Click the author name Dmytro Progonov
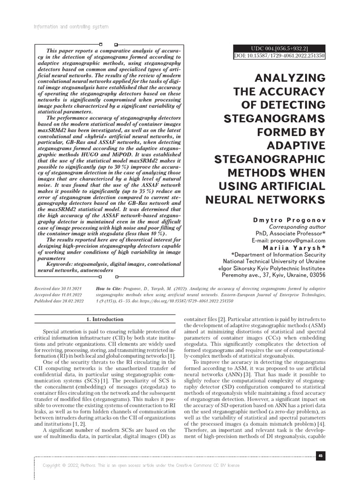coord(288,219)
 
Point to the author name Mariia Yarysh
coord(294,247)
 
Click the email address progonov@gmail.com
coord(299,240)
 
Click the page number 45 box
coord(320,455)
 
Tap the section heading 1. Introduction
coord(105,319)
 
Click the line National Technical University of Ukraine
coord(274,261)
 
